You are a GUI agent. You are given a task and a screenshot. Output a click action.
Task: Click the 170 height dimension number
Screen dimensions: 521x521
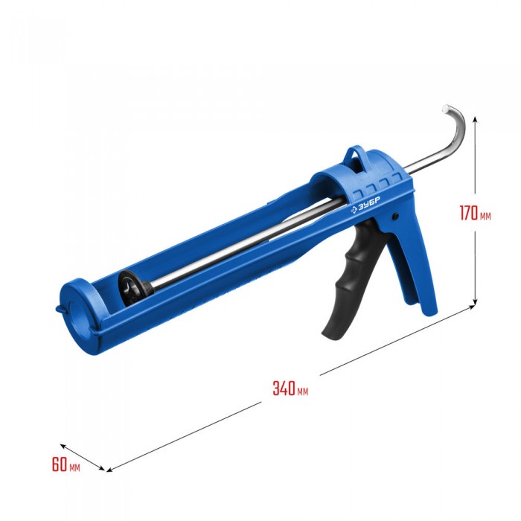[469, 213]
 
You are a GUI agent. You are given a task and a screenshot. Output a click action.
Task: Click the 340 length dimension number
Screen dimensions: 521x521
[284, 388]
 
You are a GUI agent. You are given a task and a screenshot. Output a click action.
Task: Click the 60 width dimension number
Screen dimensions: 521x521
[60, 464]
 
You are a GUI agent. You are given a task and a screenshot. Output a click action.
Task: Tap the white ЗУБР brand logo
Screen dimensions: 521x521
[365, 205]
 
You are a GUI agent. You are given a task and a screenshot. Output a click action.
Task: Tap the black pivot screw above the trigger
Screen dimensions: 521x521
[395, 216]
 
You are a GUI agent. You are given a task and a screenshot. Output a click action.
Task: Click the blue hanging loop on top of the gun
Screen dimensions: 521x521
[357, 158]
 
